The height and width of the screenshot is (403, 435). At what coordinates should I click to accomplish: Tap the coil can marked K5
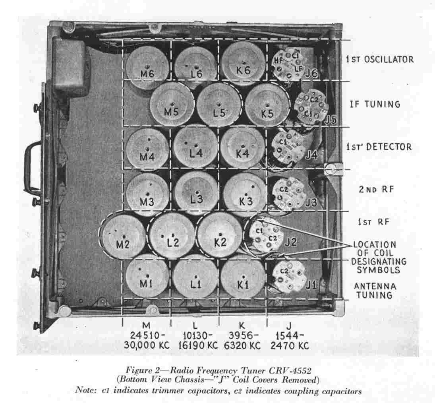click(267, 105)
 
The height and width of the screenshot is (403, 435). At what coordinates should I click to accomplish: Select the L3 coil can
click(197, 193)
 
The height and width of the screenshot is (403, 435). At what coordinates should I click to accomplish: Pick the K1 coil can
click(243, 277)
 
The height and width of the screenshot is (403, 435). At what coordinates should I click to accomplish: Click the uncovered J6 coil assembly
click(289, 64)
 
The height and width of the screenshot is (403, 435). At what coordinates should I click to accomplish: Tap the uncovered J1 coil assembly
click(289, 277)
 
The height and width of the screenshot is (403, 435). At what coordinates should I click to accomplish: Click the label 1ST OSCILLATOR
click(380, 59)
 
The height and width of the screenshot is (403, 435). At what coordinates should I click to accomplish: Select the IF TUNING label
click(375, 104)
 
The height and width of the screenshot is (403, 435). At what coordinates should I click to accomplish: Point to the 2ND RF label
click(376, 189)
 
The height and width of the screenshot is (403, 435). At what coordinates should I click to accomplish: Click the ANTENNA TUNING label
click(375, 290)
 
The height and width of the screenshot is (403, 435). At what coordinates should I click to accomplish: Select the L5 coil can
click(219, 105)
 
